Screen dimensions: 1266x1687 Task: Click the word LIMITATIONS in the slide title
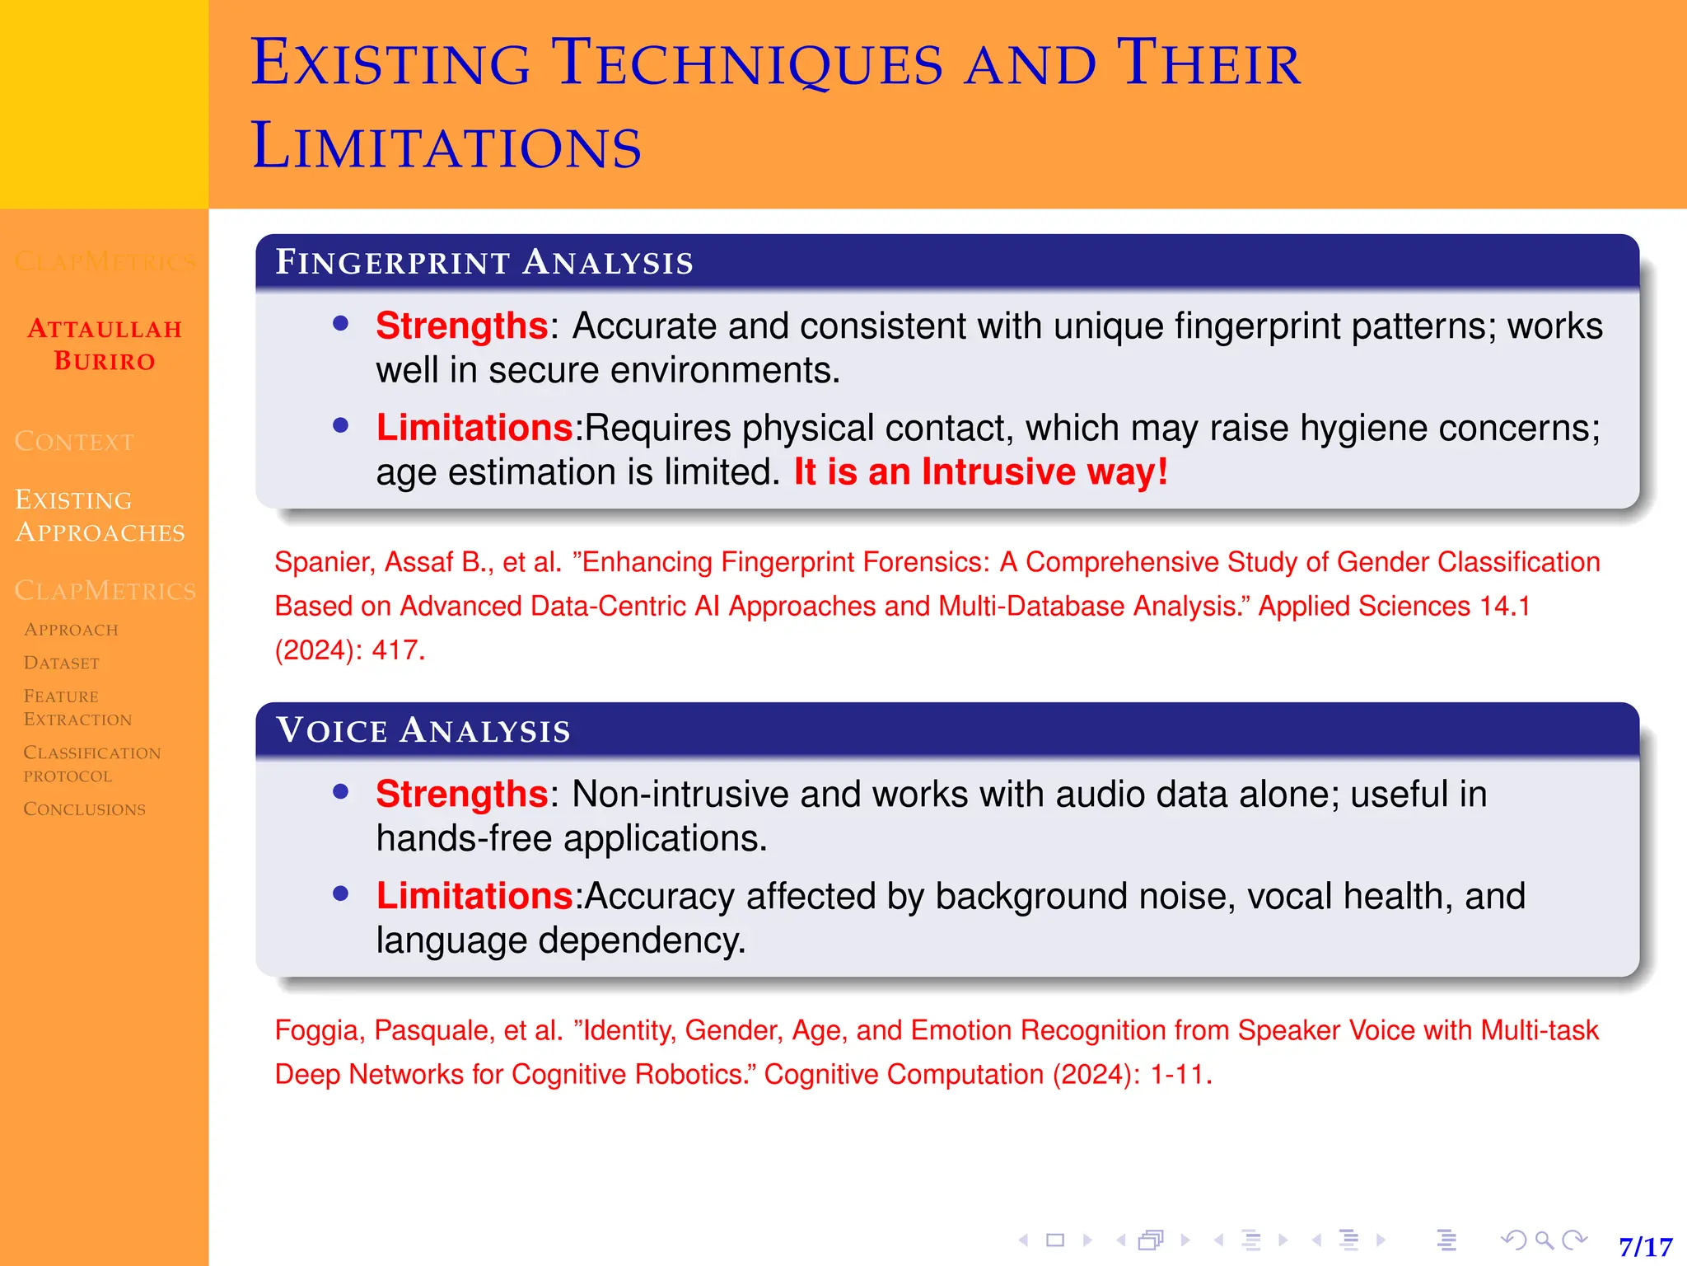pyautogui.click(x=446, y=147)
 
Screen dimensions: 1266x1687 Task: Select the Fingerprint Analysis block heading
pyautogui.click(x=484, y=262)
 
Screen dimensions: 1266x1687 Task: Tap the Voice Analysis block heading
pyautogui.click(x=423, y=730)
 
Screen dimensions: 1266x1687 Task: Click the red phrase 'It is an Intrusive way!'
pyautogui.click(x=980, y=472)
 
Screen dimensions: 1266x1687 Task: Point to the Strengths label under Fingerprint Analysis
pyautogui.click(x=461, y=326)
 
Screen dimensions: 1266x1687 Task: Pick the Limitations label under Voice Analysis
pyautogui.click(x=474, y=896)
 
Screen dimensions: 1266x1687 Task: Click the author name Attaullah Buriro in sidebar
pyautogui.click(x=105, y=345)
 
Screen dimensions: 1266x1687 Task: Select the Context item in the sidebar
pyautogui.click(x=74, y=442)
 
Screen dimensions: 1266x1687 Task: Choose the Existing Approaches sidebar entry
pyautogui.click(x=100, y=516)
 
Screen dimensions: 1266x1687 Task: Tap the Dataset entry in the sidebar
pyautogui.click(x=62, y=663)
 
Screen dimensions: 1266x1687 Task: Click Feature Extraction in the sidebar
pyautogui.click(x=77, y=707)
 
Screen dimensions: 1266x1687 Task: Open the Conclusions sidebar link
pyautogui.click(x=84, y=809)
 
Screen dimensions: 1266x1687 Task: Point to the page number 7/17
pyautogui.click(x=1645, y=1246)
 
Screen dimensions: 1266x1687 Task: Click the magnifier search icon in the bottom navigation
pyautogui.click(x=1544, y=1240)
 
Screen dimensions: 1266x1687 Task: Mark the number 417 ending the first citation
pyautogui.click(x=397, y=650)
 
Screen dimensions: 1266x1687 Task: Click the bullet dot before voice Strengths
pyautogui.click(x=341, y=792)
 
